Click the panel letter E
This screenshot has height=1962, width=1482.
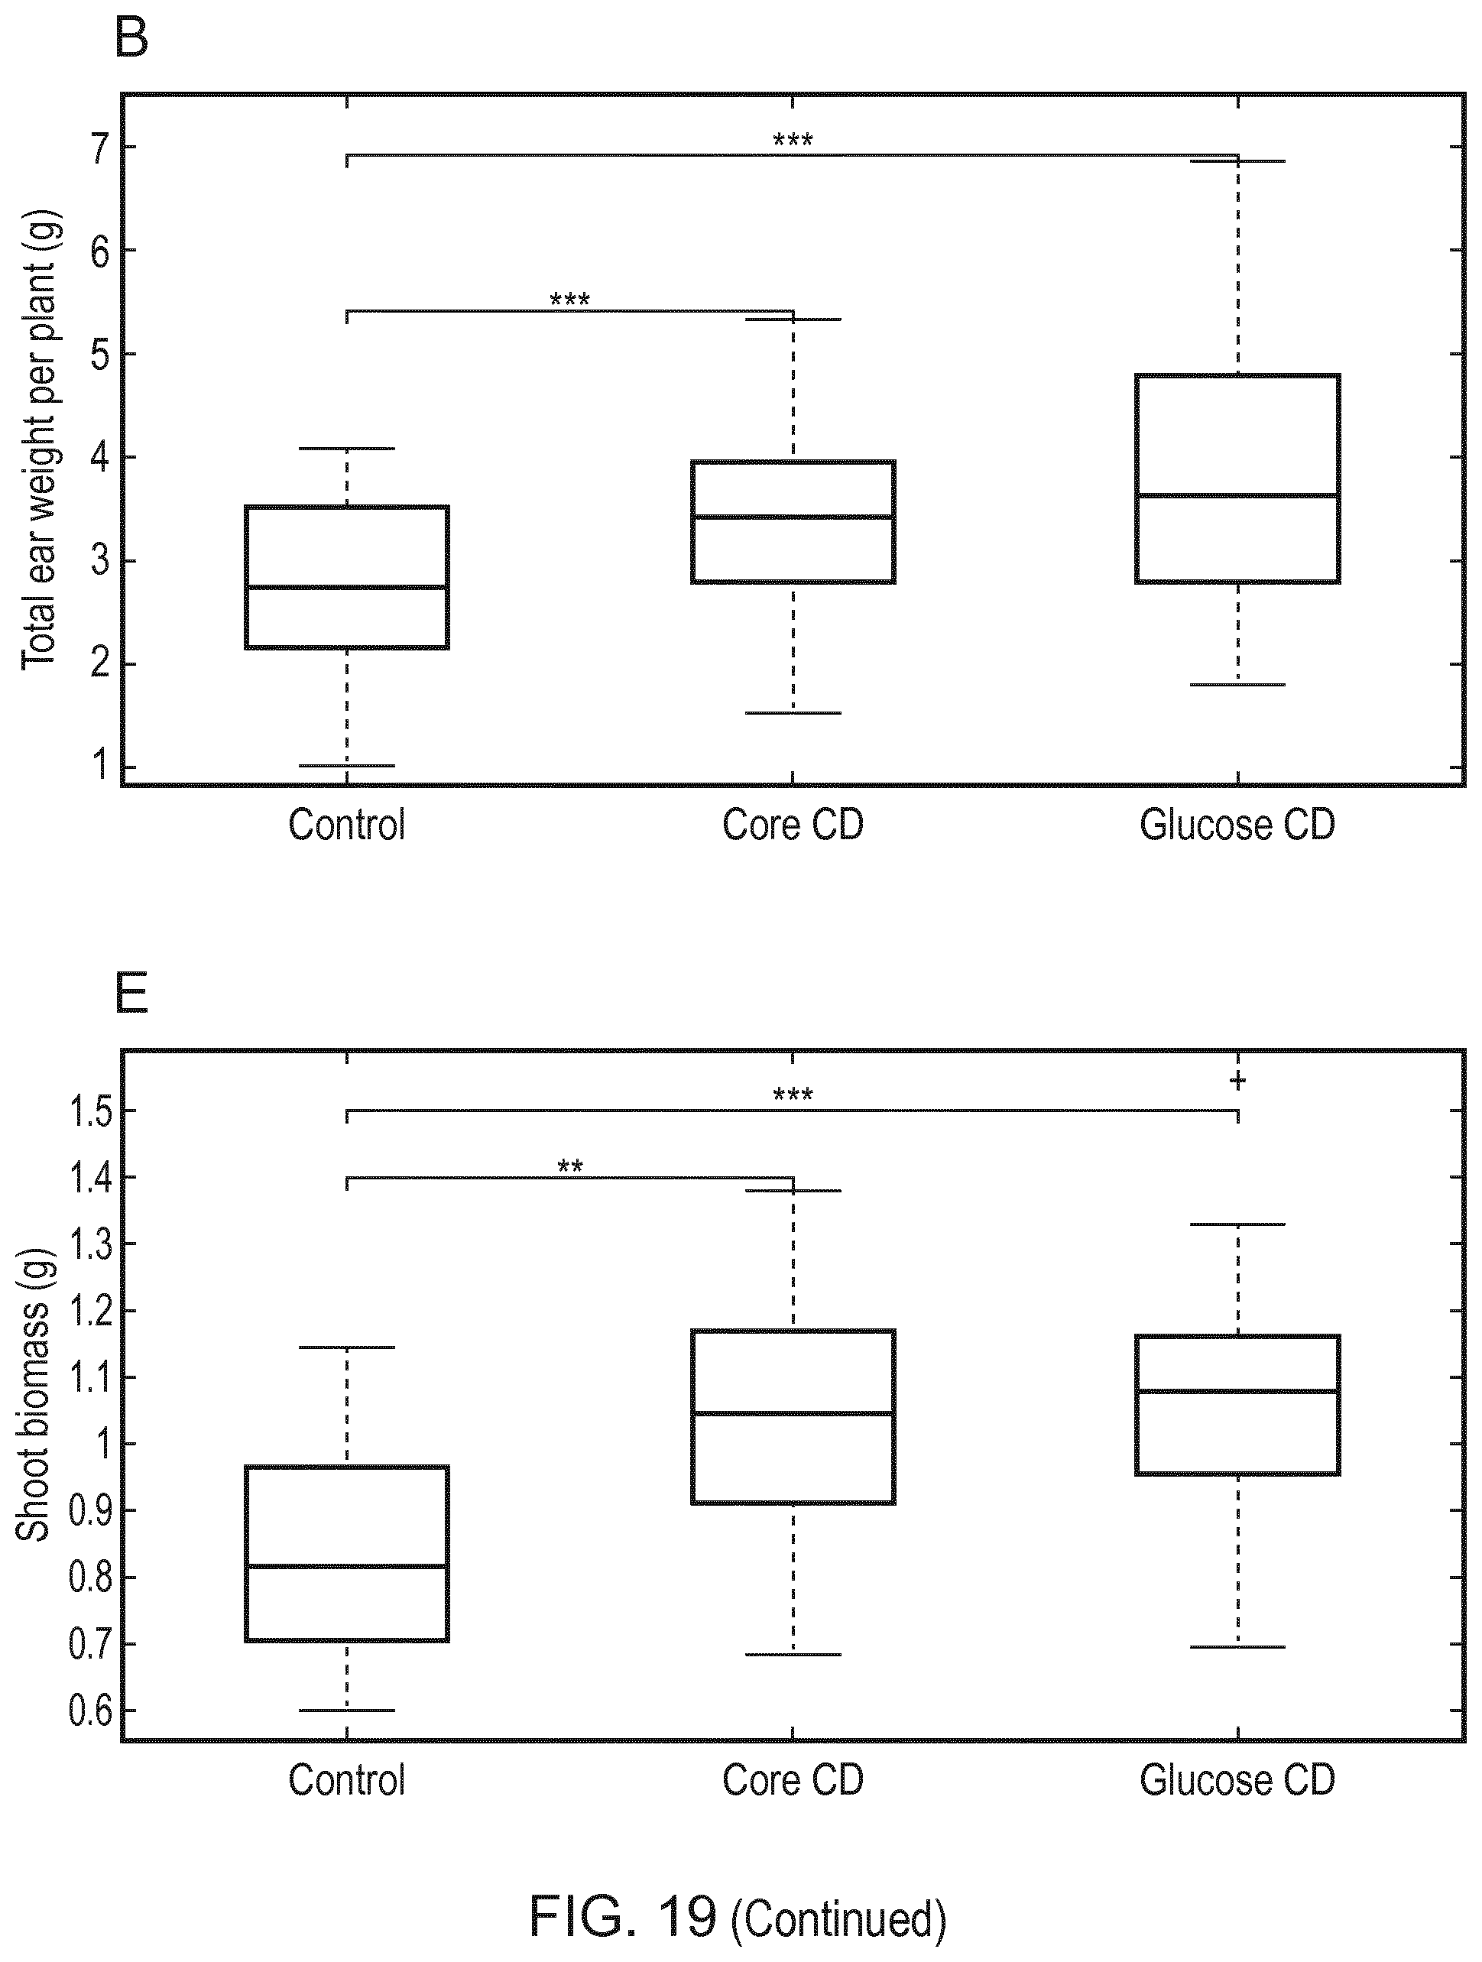tap(131, 994)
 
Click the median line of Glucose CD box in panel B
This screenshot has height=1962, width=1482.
tap(1237, 495)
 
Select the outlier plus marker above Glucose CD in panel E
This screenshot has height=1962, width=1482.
tap(1237, 1082)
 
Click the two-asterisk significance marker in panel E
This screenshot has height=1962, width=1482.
tap(570, 1166)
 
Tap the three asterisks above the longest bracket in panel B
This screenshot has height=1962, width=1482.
tap(793, 140)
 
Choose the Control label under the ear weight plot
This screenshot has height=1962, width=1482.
tap(347, 825)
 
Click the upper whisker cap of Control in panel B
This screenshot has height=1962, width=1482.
tap(347, 449)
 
